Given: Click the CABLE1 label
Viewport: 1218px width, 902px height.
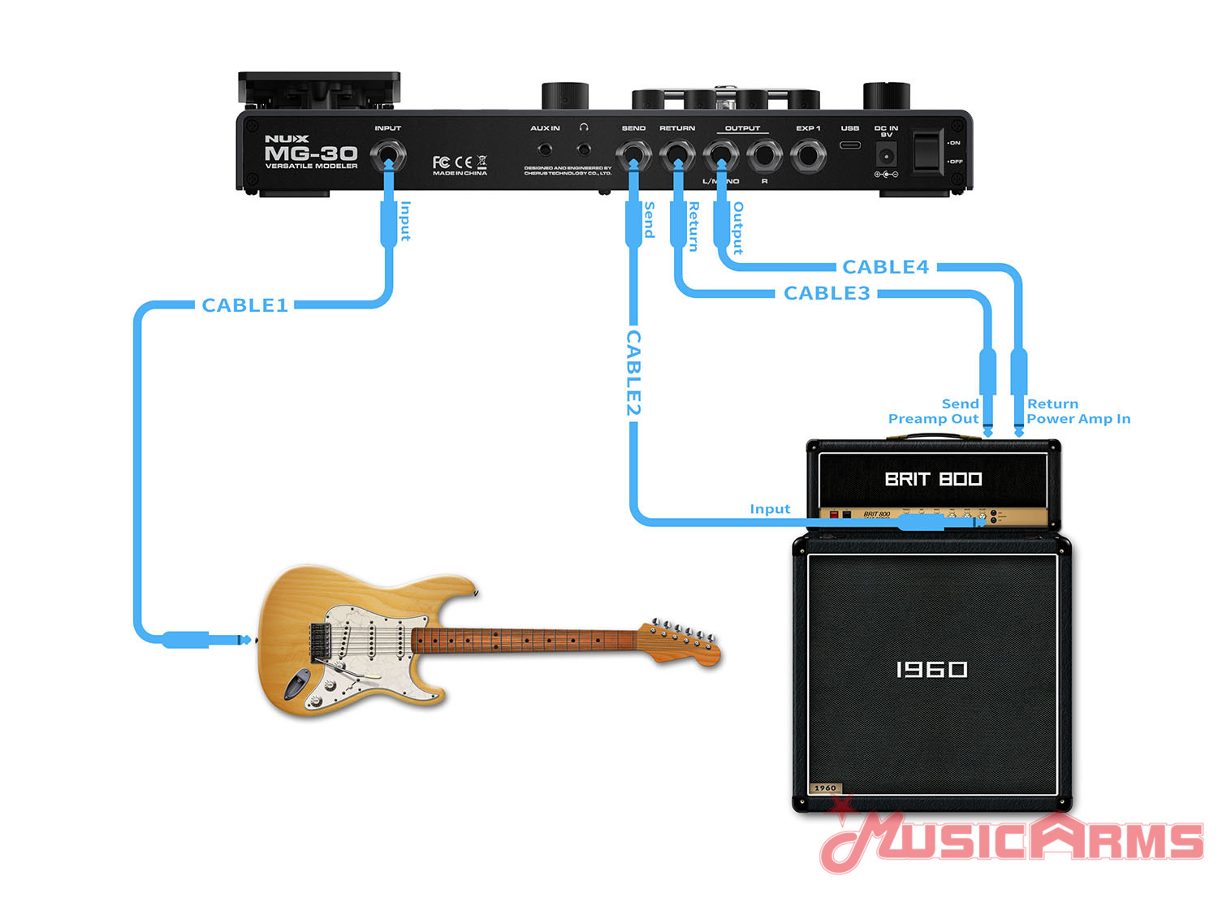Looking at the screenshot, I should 244,305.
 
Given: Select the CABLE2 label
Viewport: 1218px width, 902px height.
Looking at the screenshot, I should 633,373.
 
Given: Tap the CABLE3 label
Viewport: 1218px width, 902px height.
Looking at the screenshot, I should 826,293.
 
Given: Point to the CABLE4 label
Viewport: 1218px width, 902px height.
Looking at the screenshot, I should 885,267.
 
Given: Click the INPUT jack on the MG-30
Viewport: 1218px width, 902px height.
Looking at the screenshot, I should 388,155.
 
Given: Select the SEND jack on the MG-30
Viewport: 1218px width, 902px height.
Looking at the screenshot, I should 633,155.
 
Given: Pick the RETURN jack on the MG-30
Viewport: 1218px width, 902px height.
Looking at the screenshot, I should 677,155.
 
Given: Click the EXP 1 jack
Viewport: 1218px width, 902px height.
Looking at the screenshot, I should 808,155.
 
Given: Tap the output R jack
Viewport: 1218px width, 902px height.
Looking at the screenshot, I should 764,155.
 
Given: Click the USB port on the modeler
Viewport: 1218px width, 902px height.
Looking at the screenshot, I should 850,145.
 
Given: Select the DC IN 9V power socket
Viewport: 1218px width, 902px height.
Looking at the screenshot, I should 887,154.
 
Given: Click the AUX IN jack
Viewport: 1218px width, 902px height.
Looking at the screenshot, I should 545,149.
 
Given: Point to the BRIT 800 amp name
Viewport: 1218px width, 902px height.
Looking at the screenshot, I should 933,479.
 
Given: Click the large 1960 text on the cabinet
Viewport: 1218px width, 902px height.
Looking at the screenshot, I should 931,669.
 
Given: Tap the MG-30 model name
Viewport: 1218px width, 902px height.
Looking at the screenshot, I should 311,153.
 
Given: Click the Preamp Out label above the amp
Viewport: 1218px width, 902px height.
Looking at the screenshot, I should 933,419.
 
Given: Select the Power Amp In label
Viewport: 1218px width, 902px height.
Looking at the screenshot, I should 1078,419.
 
